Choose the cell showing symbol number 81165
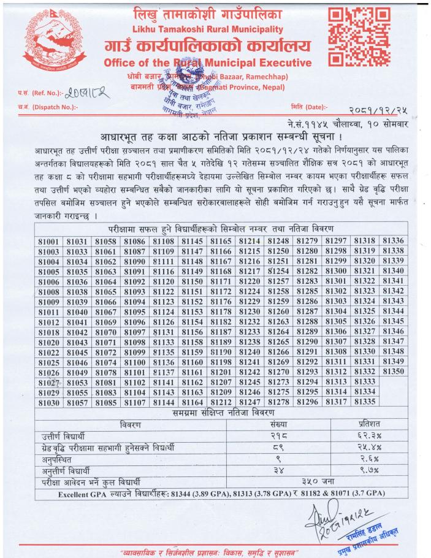click(221, 242)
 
